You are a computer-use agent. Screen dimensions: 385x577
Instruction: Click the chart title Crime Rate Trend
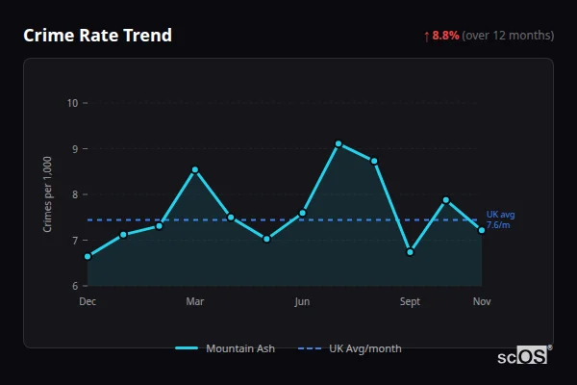click(97, 36)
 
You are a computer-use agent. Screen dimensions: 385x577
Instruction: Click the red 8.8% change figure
click(445, 36)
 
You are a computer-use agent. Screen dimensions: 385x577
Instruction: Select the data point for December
click(88, 256)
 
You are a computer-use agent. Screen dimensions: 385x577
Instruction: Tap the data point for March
click(195, 169)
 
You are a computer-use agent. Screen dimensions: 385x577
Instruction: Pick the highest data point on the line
click(339, 143)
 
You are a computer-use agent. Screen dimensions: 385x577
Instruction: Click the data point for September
click(410, 252)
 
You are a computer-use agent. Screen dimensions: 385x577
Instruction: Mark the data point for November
click(482, 230)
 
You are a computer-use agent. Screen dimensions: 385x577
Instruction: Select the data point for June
click(303, 212)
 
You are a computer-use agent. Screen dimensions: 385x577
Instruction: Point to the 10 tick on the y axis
click(71, 103)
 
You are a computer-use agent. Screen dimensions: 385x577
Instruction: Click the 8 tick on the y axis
click(74, 194)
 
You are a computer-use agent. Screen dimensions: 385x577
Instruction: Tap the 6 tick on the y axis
click(74, 286)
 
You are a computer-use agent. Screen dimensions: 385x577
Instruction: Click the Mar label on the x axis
click(195, 302)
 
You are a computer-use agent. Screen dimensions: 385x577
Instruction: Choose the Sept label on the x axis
click(410, 302)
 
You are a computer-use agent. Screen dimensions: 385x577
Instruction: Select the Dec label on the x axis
click(88, 302)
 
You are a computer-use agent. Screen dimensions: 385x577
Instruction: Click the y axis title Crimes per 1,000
click(48, 194)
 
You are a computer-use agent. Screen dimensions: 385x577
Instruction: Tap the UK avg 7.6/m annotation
click(500, 219)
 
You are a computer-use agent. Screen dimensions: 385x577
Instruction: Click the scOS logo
click(524, 356)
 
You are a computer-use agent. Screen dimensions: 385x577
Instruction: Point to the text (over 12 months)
click(508, 36)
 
